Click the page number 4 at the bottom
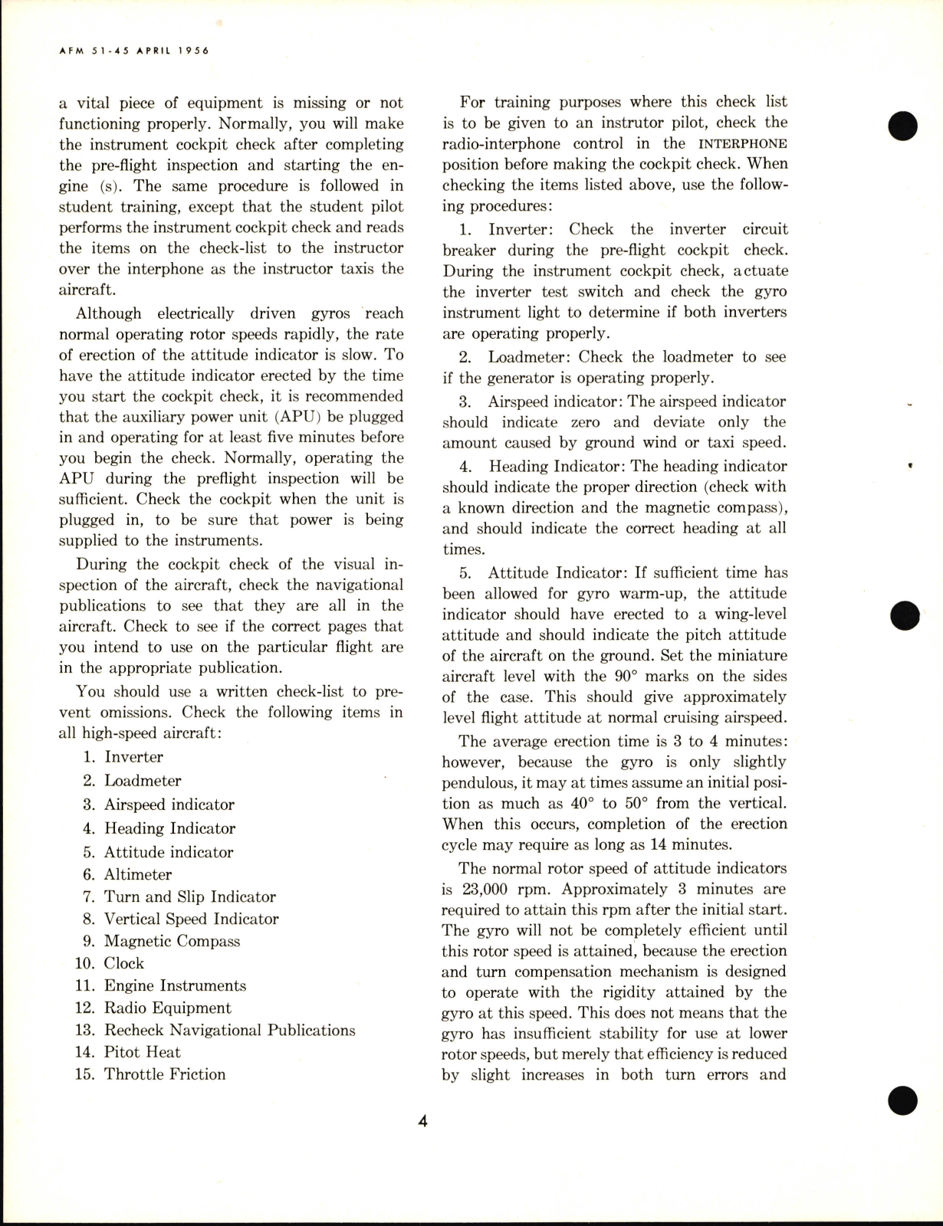coord(422,1122)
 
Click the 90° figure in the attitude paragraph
coord(622,677)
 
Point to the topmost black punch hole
coord(904,126)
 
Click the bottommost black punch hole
coord(903,1100)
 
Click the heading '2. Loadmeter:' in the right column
coord(529,357)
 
